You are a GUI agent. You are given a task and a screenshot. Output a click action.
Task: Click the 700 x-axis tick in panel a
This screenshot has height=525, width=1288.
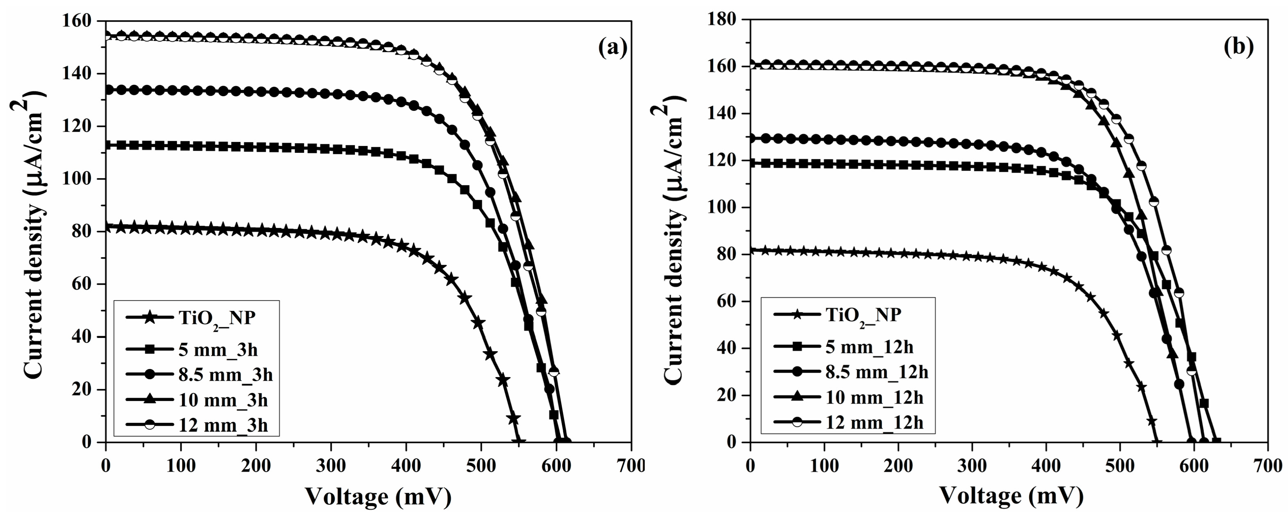[x=631, y=466]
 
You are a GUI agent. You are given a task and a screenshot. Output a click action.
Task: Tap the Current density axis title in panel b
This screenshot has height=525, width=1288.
[x=672, y=235]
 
